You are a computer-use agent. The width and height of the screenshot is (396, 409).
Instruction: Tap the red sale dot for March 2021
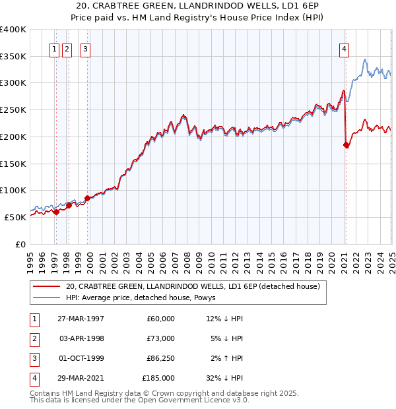[346, 145]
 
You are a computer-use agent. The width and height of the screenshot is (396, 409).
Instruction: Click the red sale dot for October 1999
[87, 198]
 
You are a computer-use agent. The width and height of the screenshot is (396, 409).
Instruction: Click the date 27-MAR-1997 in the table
[81, 319]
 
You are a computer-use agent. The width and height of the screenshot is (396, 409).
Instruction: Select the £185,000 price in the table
[158, 379]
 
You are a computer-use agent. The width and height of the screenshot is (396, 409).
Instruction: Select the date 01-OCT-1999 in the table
[81, 359]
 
